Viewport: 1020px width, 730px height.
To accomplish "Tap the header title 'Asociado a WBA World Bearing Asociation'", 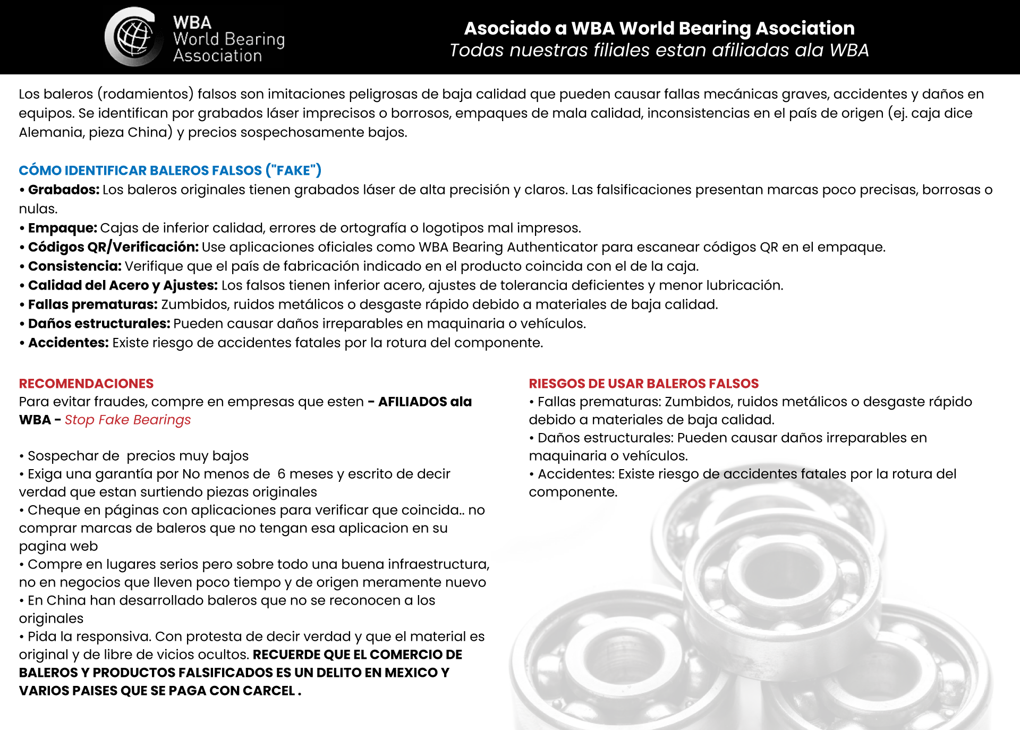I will [x=659, y=28].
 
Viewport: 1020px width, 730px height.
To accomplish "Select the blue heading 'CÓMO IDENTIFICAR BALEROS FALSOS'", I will [x=170, y=171].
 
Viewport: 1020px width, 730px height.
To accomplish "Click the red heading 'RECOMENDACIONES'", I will [x=86, y=384].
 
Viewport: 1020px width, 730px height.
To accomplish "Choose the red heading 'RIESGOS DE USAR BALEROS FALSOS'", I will [x=643, y=384].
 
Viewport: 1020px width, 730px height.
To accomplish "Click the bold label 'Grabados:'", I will [x=64, y=190].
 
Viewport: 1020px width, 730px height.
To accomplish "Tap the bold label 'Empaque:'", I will [x=62, y=228].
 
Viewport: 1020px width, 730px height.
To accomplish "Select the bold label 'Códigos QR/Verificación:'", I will [x=113, y=247].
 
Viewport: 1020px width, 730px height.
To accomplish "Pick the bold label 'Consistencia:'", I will [x=74, y=266].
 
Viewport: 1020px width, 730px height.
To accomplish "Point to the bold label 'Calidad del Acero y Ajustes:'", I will [x=123, y=285].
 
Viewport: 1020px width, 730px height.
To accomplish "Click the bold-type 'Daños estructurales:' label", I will [x=99, y=324].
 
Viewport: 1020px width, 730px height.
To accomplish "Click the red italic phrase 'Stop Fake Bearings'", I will [x=127, y=420].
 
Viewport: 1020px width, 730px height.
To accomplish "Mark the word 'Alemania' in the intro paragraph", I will [x=51, y=132].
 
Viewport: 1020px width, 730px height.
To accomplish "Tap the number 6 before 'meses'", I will [x=282, y=474].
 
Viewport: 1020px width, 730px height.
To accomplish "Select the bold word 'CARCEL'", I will [x=269, y=691].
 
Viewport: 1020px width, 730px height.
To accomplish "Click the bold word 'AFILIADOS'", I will [x=412, y=402].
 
